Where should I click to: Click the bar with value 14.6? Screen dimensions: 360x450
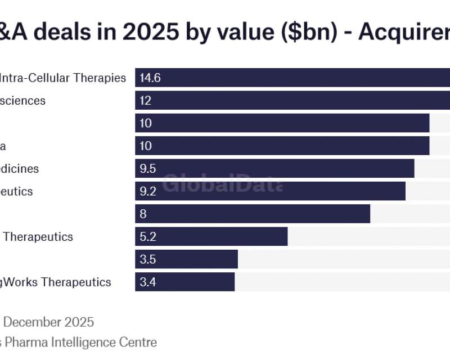tap(292, 78)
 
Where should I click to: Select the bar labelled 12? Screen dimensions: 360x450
tap(292, 101)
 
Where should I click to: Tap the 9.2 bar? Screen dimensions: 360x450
tap(270, 191)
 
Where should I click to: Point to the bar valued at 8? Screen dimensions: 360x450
tap(253, 214)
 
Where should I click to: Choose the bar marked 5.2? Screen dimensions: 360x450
tap(211, 236)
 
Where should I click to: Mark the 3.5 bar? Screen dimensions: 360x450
tap(186, 259)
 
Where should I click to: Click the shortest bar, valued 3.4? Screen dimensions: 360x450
tap(184, 282)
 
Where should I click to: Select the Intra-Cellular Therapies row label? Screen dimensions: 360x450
tap(63, 78)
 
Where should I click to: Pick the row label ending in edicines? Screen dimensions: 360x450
tap(19, 168)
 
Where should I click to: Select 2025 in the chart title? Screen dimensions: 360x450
tap(152, 33)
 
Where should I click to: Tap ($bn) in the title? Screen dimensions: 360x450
tap(307, 33)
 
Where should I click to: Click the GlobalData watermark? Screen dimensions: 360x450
tap(223, 183)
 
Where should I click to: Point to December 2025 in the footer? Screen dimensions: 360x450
tap(48, 322)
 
